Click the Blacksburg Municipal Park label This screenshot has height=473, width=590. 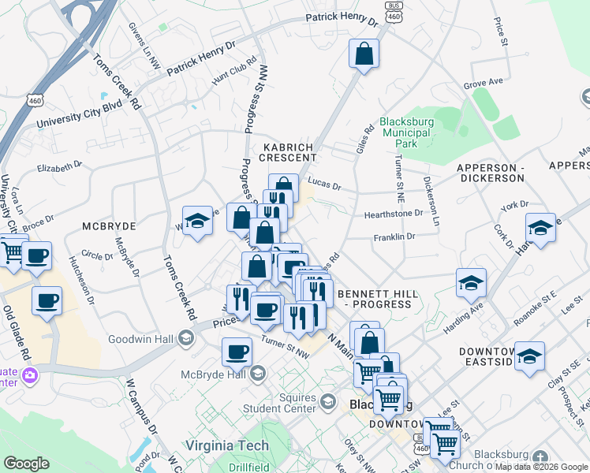pyautogui.click(x=405, y=132)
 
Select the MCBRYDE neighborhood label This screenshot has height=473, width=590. pyautogui.click(x=109, y=225)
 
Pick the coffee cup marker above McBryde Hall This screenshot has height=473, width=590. pyautogui.click(x=236, y=351)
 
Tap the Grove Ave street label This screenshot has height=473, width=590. pyautogui.click(x=484, y=82)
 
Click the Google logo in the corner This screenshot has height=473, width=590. pyautogui.click(x=26, y=464)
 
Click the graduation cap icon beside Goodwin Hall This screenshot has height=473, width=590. pyautogui.click(x=185, y=339)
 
